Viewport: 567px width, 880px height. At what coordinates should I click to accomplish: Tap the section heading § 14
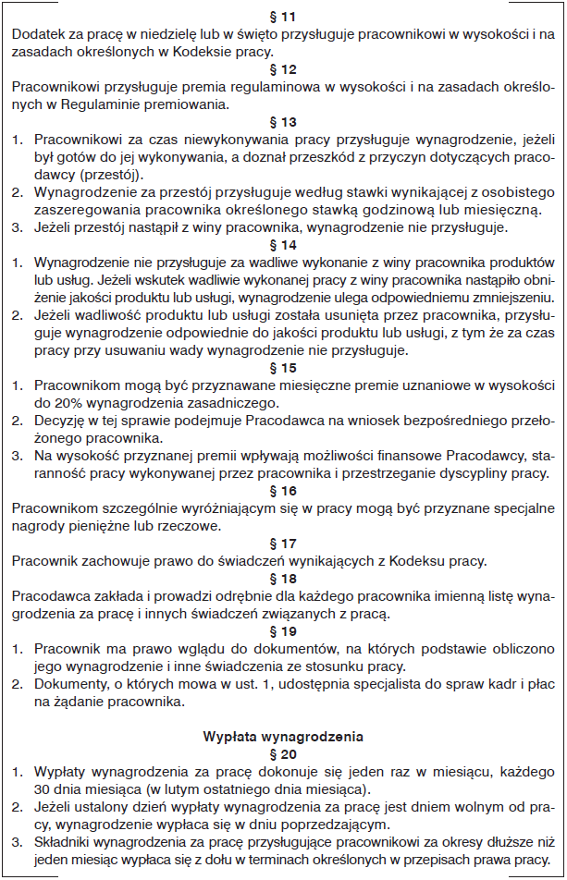click(283, 244)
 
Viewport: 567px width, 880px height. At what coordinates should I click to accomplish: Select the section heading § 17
click(283, 544)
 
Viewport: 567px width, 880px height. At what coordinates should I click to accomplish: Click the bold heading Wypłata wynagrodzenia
click(283, 738)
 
